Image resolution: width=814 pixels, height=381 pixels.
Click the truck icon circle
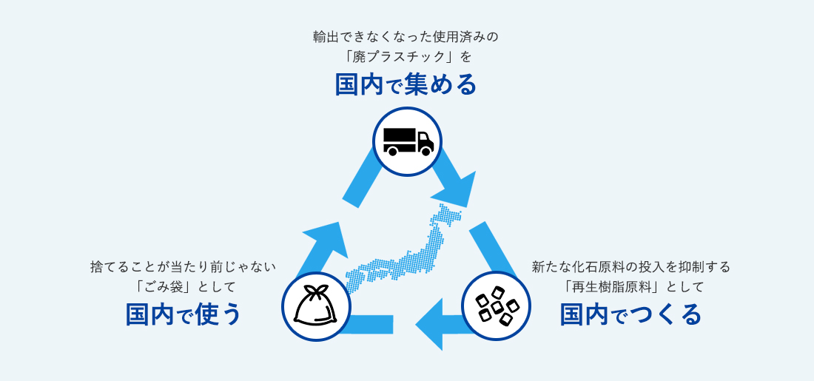407,141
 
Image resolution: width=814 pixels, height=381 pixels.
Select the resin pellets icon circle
496,306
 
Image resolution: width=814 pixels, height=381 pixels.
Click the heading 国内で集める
406,85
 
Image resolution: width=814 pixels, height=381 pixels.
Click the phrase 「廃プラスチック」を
406,56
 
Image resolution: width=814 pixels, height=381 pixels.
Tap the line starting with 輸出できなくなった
406,36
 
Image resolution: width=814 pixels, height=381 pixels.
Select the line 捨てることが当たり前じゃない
184,266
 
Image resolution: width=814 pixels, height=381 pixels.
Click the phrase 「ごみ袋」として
184,286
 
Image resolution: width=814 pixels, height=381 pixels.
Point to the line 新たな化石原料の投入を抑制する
630,266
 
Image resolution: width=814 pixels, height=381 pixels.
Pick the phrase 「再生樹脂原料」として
630,286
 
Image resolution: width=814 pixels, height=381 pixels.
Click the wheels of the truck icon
407,151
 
